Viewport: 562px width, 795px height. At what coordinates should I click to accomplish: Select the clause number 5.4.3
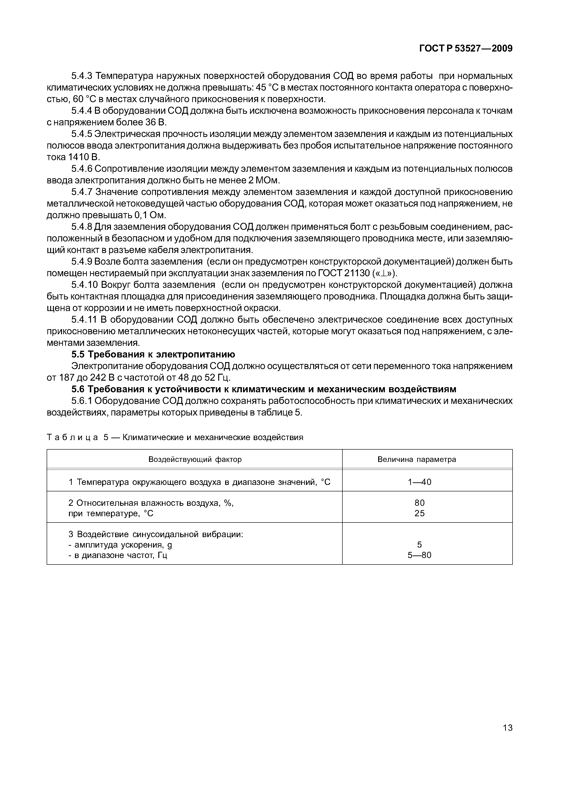click(x=81, y=76)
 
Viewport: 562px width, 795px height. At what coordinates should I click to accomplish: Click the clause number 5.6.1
click(x=81, y=401)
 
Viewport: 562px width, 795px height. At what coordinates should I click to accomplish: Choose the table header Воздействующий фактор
click(x=195, y=460)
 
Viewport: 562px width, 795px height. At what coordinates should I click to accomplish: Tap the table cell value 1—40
click(x=419, y=482)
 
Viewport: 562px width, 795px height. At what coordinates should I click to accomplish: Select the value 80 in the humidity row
click(x=419, y=503)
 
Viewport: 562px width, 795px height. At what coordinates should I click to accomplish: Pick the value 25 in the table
click(x=419, y=513)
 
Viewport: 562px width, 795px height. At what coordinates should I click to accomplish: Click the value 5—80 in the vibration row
click(x=419, y=555)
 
